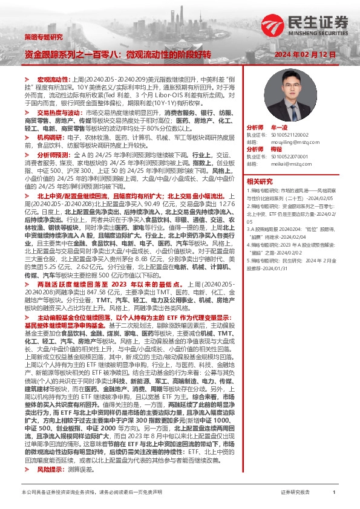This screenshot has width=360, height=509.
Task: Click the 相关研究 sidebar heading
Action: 259,180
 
